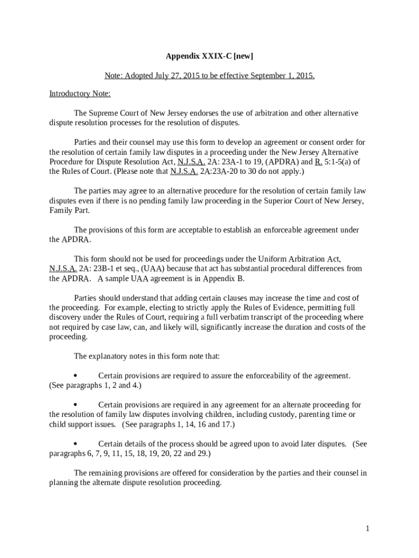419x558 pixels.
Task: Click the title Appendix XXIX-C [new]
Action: [x=209, y=56]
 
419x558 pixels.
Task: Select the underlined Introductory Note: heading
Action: [x=80, y=94]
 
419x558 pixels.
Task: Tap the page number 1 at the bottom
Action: [x=368, y=528]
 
